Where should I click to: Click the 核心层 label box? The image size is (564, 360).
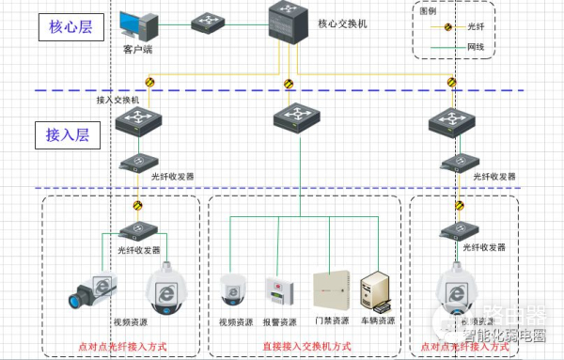(71, 26)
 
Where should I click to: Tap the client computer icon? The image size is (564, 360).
(138, 24)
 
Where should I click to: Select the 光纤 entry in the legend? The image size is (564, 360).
(478, 28)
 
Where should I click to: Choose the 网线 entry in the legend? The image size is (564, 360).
(478, 45)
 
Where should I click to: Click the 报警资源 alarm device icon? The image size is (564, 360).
(278, 289)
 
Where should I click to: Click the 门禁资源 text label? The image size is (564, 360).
(331, 321)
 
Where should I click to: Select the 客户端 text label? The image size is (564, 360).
(137, 50)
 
